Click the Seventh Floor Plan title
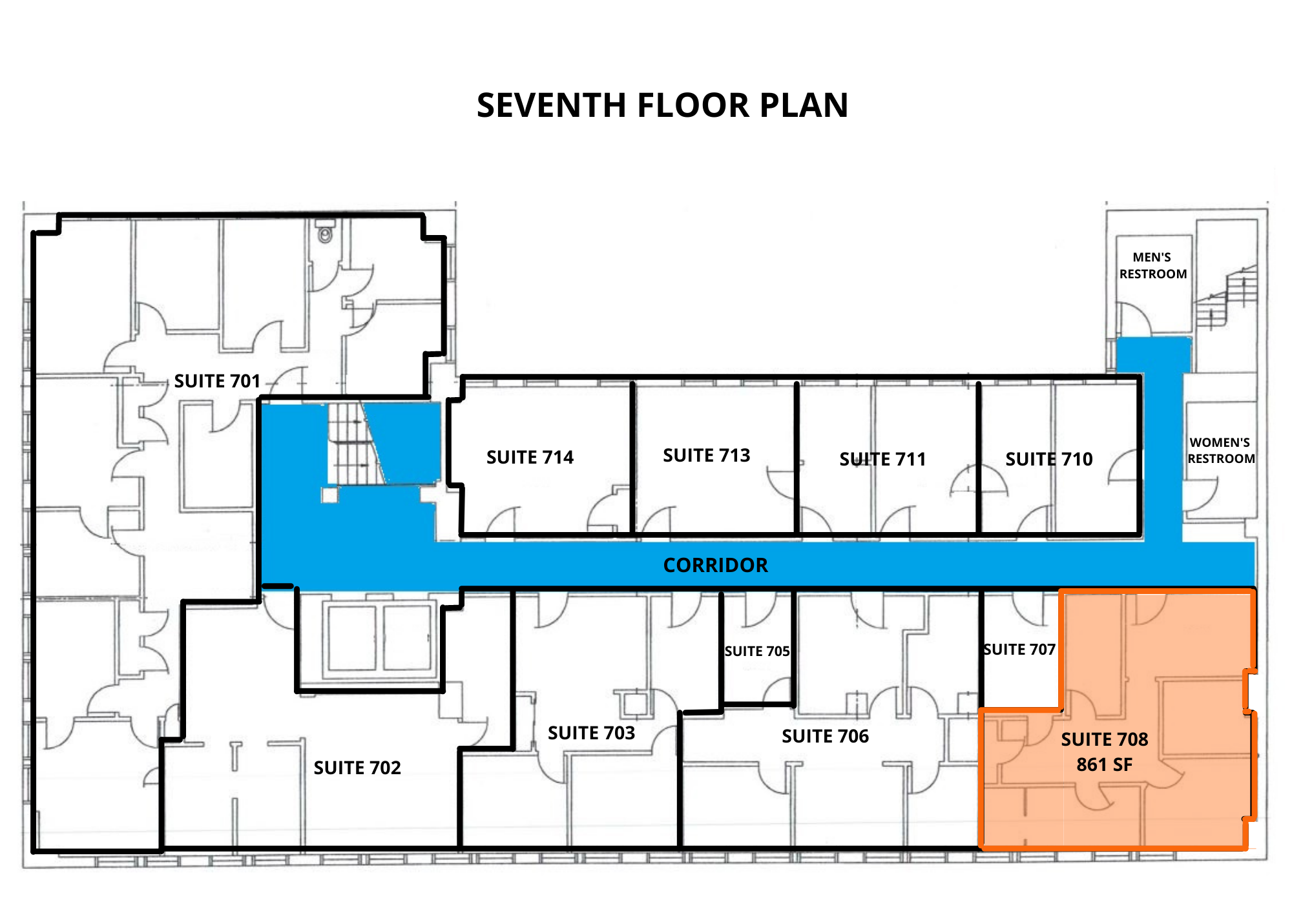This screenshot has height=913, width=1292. (662, 105)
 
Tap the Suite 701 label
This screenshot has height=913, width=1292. (217, 381)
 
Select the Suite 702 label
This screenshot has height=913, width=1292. (357, 768)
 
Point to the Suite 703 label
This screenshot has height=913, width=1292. (591, 733)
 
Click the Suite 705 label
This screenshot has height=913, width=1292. (757, 651)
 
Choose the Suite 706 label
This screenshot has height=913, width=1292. (825, 736)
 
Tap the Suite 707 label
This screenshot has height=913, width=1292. (1019, 649)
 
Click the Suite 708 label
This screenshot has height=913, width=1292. (1105, 739)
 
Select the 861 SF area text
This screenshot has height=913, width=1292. (1104, 764)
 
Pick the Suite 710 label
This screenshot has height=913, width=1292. (1049, 459)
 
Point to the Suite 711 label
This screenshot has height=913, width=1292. (882, 459)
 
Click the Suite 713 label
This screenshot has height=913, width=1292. (707, 455)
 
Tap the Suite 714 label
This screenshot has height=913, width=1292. (530, 457)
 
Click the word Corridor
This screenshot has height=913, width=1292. (716, 565)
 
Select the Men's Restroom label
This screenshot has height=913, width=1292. (1153, 265)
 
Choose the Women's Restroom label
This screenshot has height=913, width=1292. (1221, 450)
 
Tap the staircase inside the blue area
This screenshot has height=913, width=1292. (356, 444)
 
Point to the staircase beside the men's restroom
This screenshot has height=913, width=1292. (1226, 297)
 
